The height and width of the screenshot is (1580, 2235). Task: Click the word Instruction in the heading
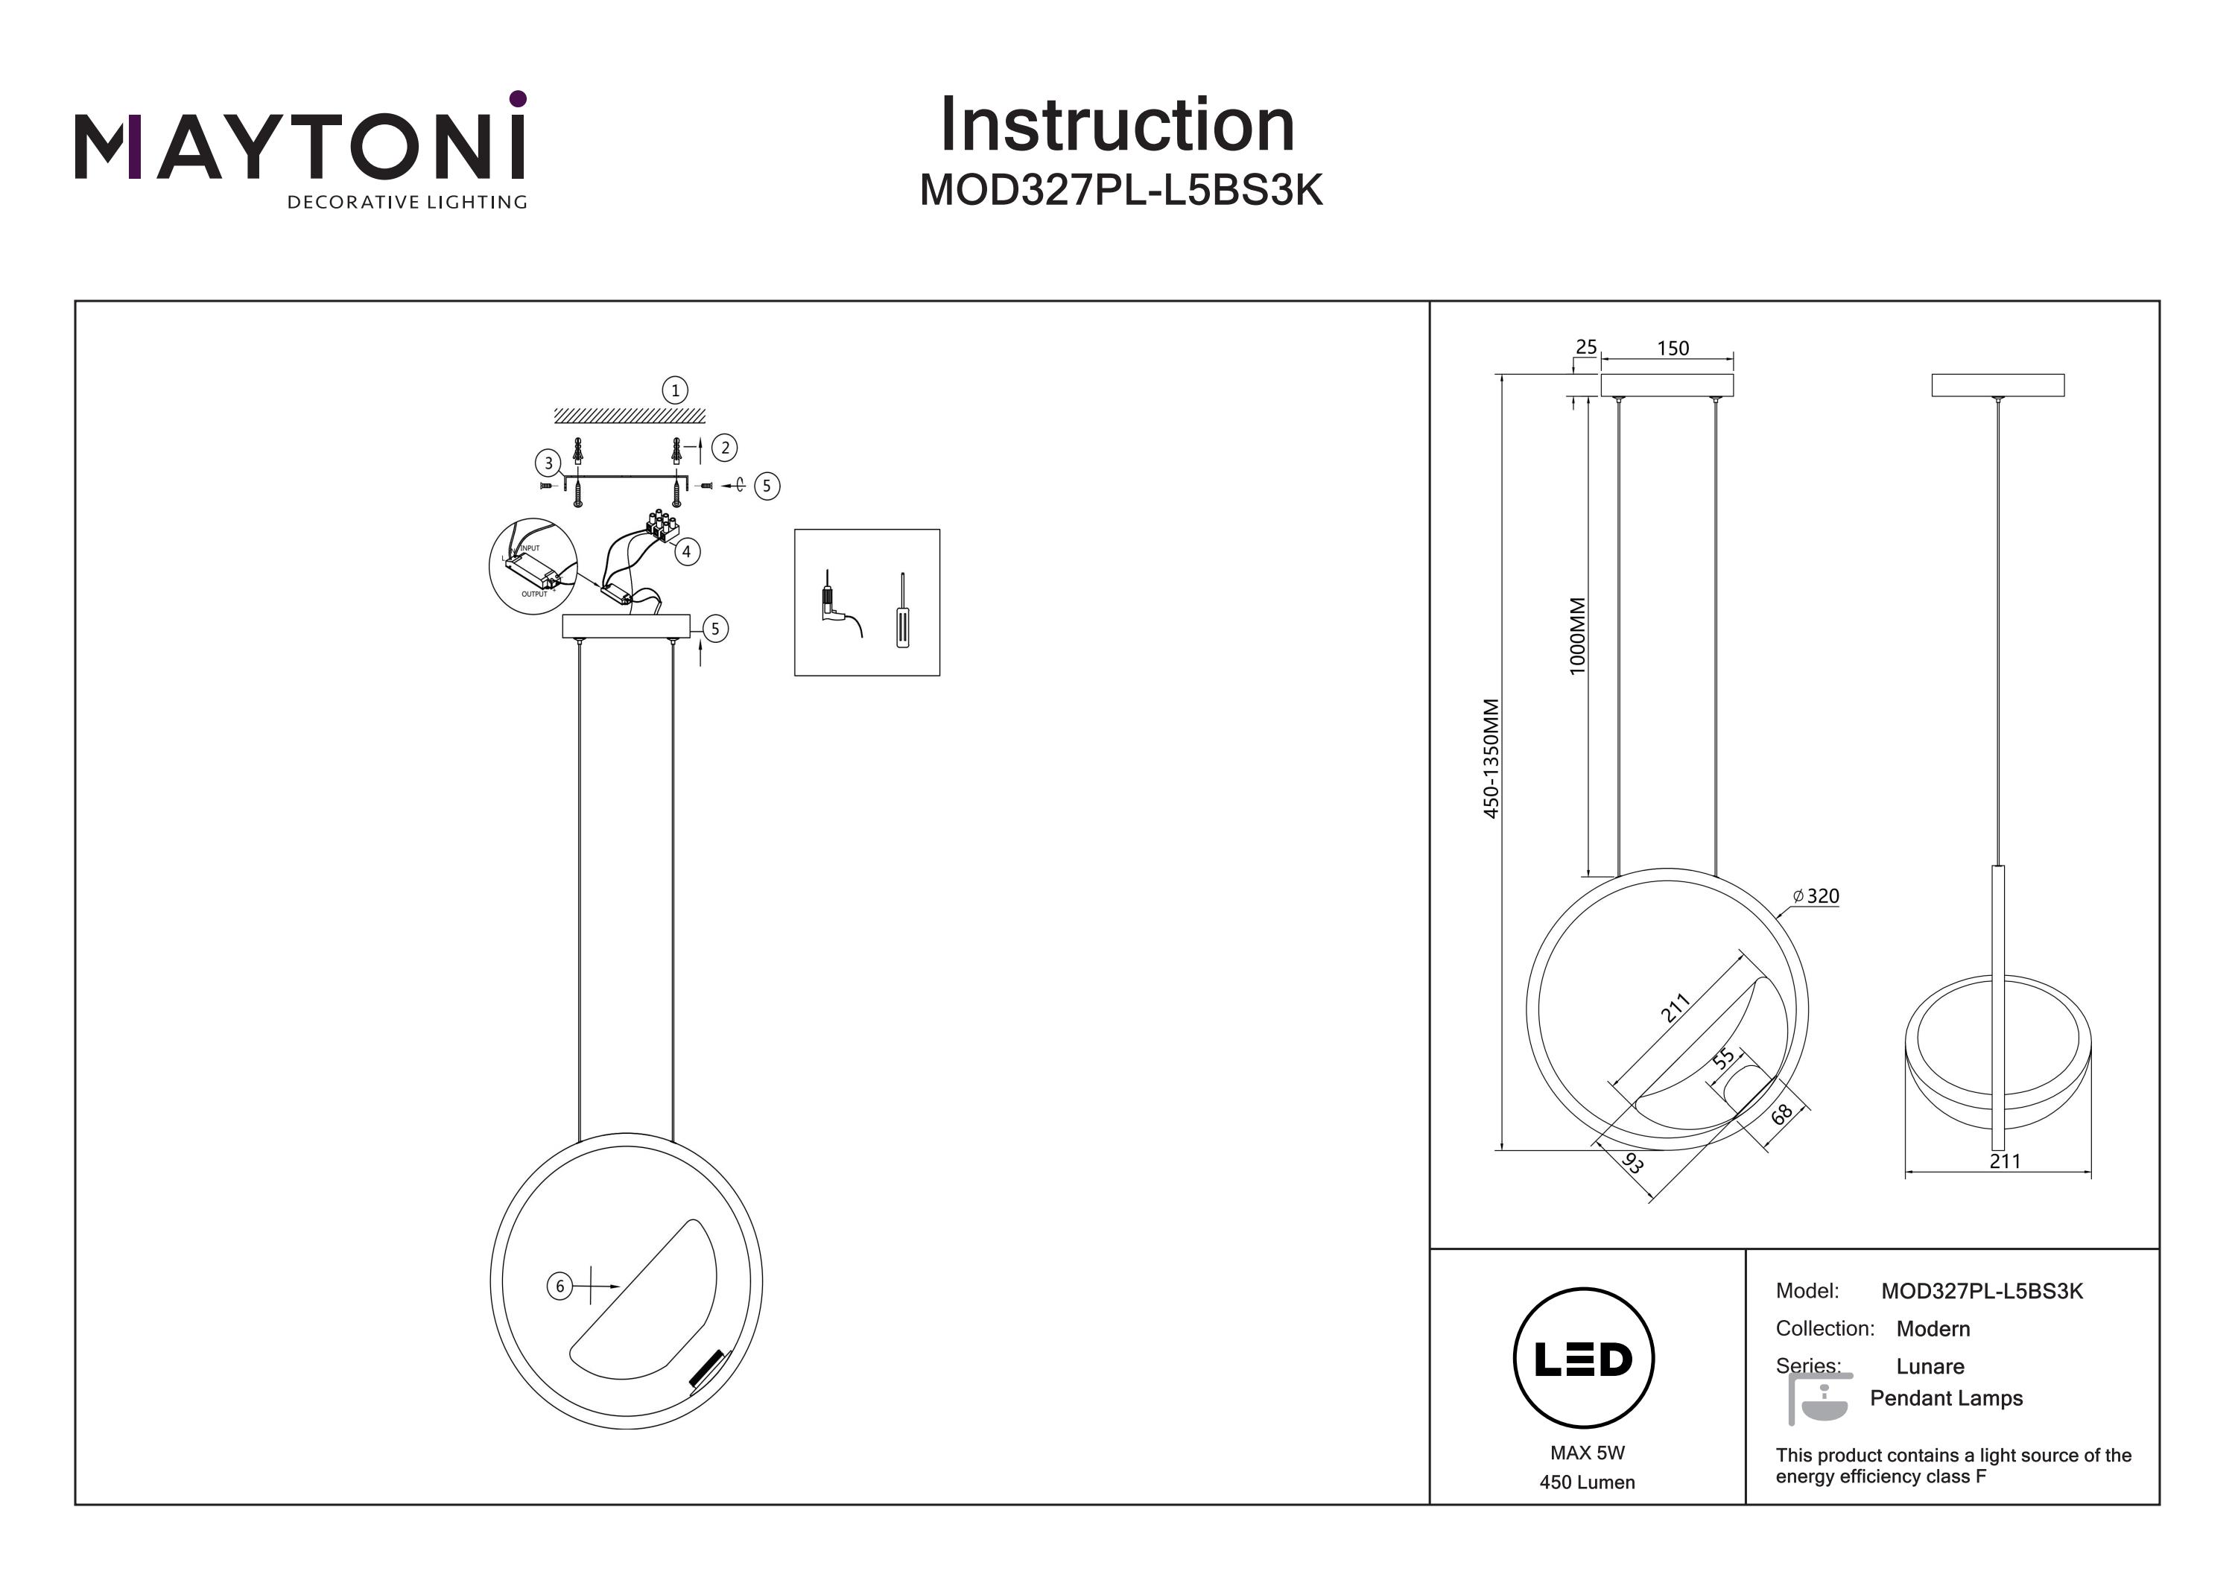(x=1117, y=126)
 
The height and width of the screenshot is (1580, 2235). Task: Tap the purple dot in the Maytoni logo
(x=518, y=98)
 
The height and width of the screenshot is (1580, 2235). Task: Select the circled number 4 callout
(x=686, y=552)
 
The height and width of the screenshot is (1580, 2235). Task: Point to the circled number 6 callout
(x=559, y=1287)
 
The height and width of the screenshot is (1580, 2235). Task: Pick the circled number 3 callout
(x=548, y=463)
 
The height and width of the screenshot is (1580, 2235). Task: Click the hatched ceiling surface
(x=630, y=416)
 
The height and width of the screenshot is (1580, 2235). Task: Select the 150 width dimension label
(x=1673, y=349)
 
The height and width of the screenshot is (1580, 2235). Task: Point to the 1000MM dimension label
(x=1578, y=635)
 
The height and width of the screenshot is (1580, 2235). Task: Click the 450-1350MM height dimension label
(x=1491, y=758)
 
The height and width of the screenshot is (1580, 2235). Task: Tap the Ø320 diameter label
(x=1816, y=897)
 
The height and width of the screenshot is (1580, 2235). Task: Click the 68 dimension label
(x=1781, y=1114)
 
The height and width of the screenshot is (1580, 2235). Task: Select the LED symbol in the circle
(x=1584, y=1359)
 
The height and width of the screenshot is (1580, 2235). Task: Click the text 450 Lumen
(x=1587, y=1482)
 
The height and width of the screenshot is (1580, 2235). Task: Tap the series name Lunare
(x=1930, y=1367)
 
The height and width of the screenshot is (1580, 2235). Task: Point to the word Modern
(x=1933, y=1329)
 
